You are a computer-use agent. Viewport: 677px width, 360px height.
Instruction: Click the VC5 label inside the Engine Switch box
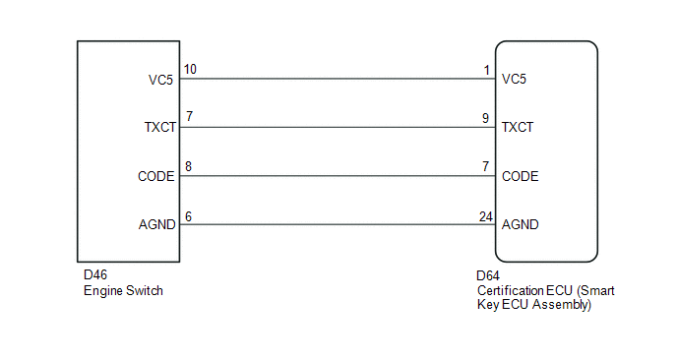point(160,80)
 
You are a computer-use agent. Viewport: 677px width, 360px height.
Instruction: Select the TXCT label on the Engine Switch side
point(160,127)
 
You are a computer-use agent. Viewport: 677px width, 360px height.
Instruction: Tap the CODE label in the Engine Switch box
point(155,176)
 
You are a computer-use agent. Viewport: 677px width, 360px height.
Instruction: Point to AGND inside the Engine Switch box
point(157,224)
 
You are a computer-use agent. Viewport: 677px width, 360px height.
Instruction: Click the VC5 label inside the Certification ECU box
point(514,79)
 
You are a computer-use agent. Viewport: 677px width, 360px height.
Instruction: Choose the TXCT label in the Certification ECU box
point(518,127)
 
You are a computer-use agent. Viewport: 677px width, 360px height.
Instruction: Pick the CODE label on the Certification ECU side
point(520,176)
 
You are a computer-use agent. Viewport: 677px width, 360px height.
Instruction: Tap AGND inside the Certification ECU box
point(520,224)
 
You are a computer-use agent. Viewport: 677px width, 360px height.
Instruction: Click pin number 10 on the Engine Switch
point(190,69)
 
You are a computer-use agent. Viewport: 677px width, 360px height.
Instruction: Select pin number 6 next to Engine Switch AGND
point(188,216)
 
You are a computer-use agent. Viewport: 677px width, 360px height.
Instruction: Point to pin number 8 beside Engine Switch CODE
point(188,166)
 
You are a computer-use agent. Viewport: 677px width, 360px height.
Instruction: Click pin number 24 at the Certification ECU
point(486,216)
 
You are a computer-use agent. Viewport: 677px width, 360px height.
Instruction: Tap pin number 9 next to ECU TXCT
point(486,118)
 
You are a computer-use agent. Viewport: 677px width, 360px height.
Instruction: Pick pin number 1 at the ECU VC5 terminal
point(486,70)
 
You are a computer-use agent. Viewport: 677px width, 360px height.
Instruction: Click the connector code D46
point(95,275)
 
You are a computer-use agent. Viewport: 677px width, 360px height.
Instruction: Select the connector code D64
point(488,275)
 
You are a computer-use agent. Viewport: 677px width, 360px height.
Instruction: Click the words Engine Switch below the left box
point(123,291)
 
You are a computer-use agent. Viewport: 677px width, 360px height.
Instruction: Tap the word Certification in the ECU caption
point(503,290)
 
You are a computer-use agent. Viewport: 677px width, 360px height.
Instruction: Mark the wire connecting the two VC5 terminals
point(338,79)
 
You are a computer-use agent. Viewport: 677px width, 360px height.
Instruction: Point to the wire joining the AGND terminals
point(338,224)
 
